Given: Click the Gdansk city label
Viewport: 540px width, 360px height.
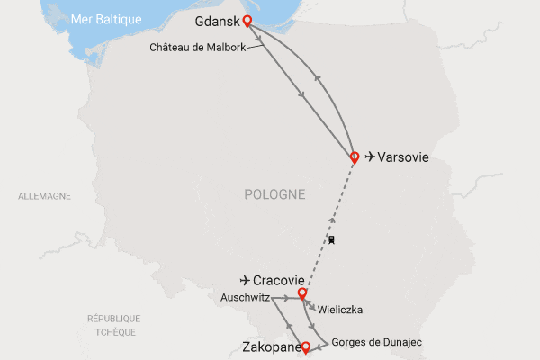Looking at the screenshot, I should (x=216, y=21).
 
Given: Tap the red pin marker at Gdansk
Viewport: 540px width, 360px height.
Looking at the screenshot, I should (x=247, y=22).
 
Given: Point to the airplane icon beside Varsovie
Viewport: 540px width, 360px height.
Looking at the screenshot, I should (x=370, y=157).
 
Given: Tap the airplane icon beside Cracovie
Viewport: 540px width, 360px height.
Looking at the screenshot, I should (x=245, y=279).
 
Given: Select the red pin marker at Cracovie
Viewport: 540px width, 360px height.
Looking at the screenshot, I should (x=302, y=292).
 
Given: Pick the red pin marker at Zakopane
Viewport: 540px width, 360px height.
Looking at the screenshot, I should (x=306, y=346).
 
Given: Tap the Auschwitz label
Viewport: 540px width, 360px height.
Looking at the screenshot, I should (x=245, y=297).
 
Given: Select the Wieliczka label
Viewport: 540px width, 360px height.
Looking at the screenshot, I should (x=340, y=310).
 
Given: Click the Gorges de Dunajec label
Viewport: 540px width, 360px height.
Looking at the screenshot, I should (x=377, y=342).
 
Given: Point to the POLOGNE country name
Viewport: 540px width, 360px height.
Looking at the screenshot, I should (x=274, y=194).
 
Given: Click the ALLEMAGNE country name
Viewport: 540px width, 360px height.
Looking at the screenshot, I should (x=44, y=195).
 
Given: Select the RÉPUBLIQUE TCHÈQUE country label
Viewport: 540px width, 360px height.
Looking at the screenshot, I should (x=114, y=324).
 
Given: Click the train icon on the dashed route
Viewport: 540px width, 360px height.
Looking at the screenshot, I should (x=331, y=240).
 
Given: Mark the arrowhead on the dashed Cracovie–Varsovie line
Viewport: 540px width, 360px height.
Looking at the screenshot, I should (x=333, y=220).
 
